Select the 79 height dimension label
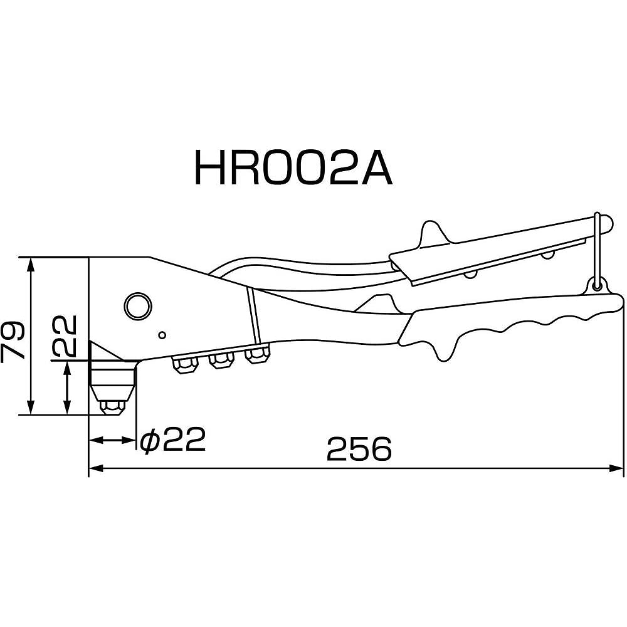point(14,340)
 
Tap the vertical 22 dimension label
point(64,334)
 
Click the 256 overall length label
point(359,449)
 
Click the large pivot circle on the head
point(137,305)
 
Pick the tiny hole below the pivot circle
point(161,334)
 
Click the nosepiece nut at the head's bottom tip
point(112,406)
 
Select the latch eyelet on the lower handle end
point(596,286)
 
